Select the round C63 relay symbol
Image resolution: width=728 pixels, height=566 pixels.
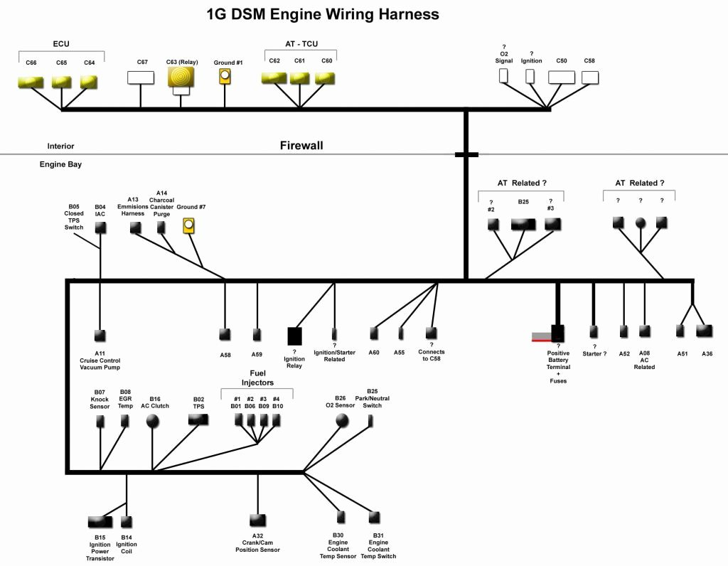pos(181,76)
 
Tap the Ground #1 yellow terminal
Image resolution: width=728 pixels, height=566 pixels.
pos(225,76)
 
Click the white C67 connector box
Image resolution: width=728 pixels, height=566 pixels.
pos(141,77)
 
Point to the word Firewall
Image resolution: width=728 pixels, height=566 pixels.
pos(301,146)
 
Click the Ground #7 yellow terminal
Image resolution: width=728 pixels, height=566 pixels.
pos(189,226)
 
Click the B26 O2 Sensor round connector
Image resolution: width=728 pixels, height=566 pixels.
pos(342,420)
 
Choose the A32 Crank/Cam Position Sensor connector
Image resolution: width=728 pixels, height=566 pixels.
pos(258,520)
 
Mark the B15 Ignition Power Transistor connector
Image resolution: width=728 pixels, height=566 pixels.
pos(100,523)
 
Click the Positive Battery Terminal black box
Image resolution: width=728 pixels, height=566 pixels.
pos(557,333)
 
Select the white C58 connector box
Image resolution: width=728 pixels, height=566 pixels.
pos(589,77)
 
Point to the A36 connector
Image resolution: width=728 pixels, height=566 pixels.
pos(705,331)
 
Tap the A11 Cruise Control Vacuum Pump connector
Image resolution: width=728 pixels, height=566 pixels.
pos(100,334)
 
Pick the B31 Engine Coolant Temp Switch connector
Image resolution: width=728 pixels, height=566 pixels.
pos(375,517)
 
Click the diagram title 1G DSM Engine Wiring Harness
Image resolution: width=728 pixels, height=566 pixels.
pos(323,14)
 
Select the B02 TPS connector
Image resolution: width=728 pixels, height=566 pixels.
pos(198,420)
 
